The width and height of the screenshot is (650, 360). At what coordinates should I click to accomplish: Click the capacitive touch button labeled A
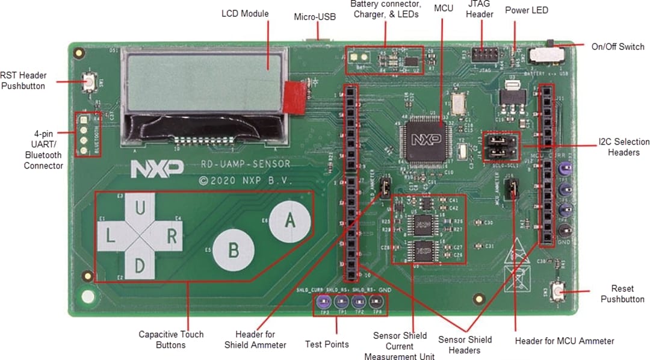pos(289,220)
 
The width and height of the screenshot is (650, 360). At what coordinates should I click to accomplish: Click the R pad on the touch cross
pos(170,236)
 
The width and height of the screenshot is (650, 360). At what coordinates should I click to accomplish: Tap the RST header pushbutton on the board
pos(89,81)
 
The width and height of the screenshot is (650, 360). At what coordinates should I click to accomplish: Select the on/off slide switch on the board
pos(548,55)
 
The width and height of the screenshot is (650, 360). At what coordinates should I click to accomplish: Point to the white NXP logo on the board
pos(148,169)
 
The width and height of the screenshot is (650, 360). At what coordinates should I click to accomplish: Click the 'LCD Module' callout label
pos(245,13)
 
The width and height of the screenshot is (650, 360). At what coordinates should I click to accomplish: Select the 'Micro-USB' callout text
pos(315,16)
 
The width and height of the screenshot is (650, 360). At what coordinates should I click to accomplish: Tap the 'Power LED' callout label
pos(526,10)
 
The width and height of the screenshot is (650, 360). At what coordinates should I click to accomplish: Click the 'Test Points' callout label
pos(327,344)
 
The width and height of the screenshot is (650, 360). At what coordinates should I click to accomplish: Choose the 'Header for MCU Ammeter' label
pos(565,341)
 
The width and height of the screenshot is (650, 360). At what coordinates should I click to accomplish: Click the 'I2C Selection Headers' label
pos(624,147)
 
